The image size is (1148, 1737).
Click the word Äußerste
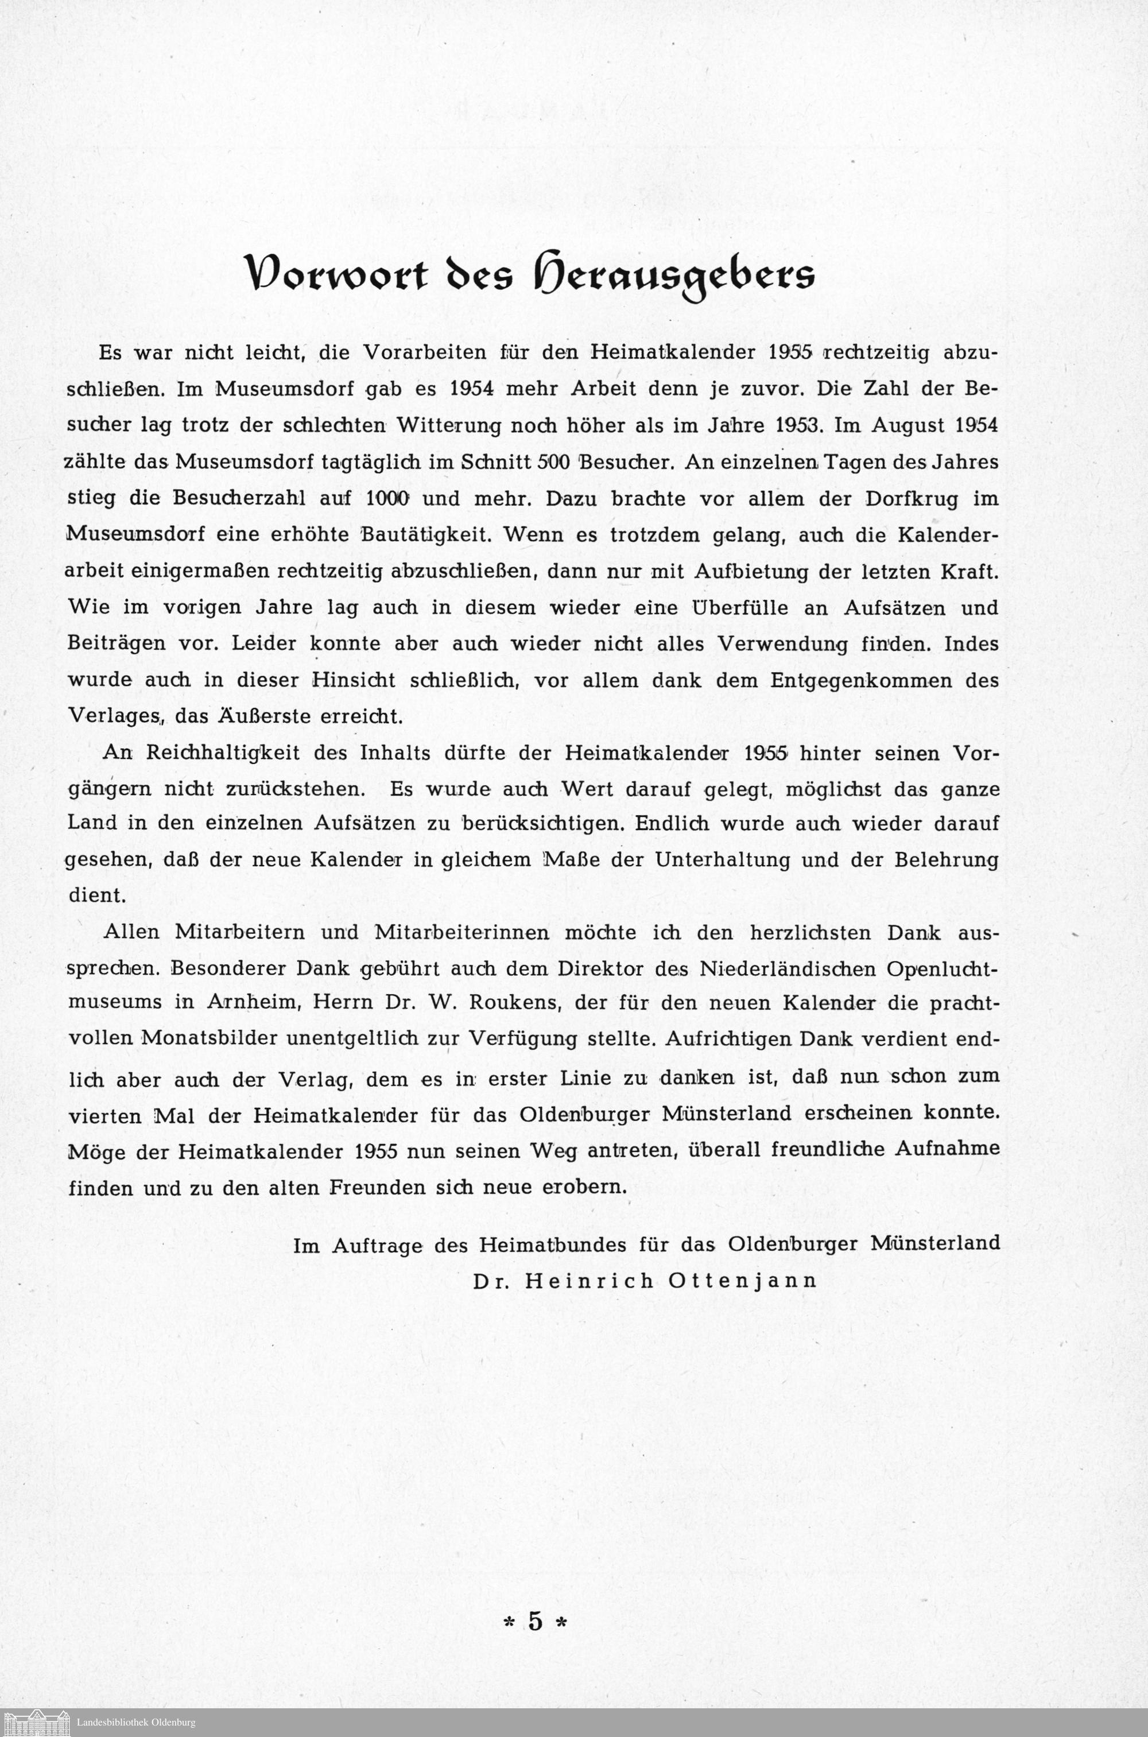point(261,716)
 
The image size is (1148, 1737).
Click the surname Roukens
point(513,1002)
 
